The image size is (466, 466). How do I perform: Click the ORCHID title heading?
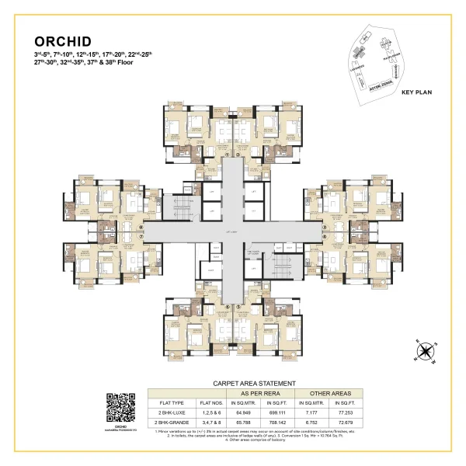click(x=62, y=41)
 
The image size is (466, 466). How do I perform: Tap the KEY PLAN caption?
click(x=416, y=92)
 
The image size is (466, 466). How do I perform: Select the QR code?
click(x=120, y=406)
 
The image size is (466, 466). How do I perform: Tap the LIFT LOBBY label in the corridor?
click(x=231, y=232)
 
